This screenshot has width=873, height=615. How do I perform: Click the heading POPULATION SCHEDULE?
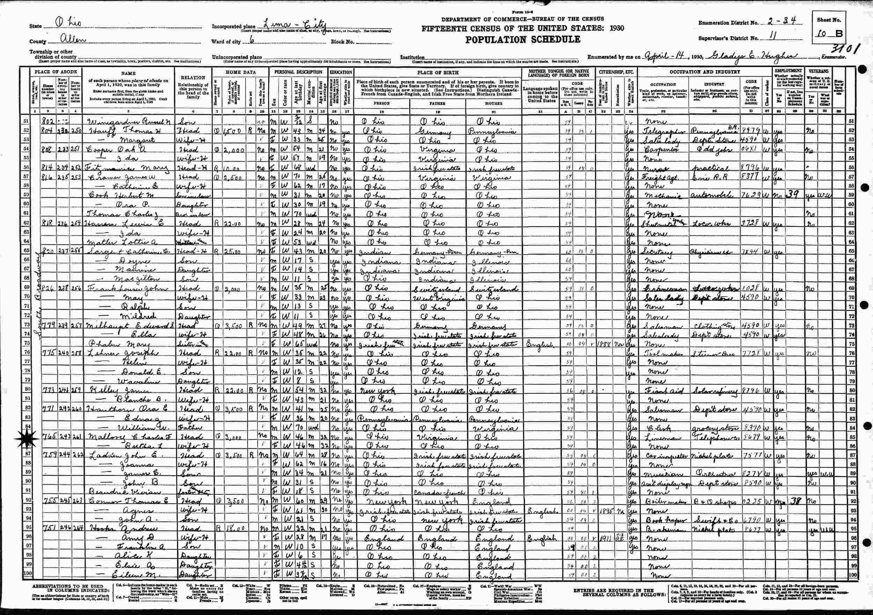523,39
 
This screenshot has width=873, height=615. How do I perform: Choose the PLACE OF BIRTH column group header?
438,72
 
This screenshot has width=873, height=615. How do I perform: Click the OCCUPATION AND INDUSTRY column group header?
705,72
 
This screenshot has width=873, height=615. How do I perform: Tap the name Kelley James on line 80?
108,391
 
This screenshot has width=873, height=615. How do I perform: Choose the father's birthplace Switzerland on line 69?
438,289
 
